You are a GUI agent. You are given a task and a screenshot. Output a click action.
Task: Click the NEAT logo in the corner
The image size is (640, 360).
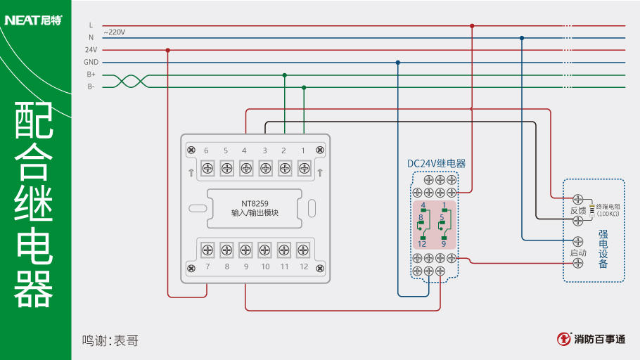point(33,20)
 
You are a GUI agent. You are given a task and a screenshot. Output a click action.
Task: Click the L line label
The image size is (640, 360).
point(91,25)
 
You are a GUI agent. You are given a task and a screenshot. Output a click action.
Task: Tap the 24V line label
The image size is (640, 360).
point(91,50)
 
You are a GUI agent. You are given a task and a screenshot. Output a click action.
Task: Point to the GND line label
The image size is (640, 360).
point(91,62)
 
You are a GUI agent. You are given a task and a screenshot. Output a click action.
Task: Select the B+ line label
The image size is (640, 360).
point(91,75)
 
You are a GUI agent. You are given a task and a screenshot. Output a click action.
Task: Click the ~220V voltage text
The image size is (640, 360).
point(114,32)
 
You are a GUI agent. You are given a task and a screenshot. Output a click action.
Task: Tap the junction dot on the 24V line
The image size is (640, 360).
point(168,50)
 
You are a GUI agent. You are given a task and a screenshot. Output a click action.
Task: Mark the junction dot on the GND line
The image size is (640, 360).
point(398,63)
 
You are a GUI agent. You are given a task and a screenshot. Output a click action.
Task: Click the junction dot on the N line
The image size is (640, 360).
point(522,38)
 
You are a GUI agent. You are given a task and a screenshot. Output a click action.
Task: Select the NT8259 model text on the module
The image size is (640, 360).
point(255,203)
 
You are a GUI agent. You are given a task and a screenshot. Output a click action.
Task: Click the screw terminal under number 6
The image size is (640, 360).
point(208,167)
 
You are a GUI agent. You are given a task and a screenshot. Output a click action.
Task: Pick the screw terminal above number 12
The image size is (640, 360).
point(303,249)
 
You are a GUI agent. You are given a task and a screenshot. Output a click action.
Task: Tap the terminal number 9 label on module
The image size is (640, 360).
point(245,267)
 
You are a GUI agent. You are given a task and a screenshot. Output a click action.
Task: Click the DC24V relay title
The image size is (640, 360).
point(436,163)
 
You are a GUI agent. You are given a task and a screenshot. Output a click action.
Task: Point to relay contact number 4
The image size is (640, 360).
point(423,205)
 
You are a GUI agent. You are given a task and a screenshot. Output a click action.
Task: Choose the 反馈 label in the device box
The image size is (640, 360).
point(577,210)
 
